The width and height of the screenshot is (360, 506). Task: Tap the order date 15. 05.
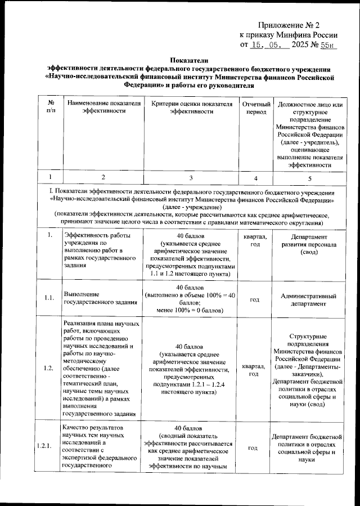coord(267,45)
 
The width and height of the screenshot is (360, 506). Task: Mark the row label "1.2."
coord(50,368)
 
